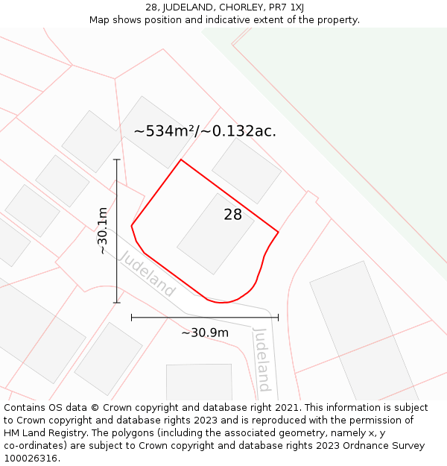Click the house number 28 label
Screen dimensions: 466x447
[x=232, y=215]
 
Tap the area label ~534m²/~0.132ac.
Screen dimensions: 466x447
[x=205, y=131]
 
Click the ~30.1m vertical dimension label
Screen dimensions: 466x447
[x=103, y=231]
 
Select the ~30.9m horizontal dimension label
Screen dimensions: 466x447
[x=205, y=333]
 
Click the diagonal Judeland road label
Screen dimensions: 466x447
[x=147, y=274]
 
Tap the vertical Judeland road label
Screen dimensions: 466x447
[x=261, y=359]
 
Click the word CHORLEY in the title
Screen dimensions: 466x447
[x=238, y=7]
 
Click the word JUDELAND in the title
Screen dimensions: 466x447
[x=188, y=7]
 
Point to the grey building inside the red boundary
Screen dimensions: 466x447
[x=215, y=233]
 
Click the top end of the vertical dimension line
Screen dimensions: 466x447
[x=116, y=160]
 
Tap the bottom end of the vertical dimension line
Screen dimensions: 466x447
[x=116, y=303]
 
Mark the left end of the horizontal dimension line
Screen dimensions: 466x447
[x=132, y=318]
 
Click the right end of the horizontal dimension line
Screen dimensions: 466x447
[x=278, y=318]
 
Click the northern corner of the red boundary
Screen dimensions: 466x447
[x=181, y=160]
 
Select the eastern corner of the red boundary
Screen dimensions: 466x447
[x=278, y=233]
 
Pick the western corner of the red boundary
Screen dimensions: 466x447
[x=132, y=225]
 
